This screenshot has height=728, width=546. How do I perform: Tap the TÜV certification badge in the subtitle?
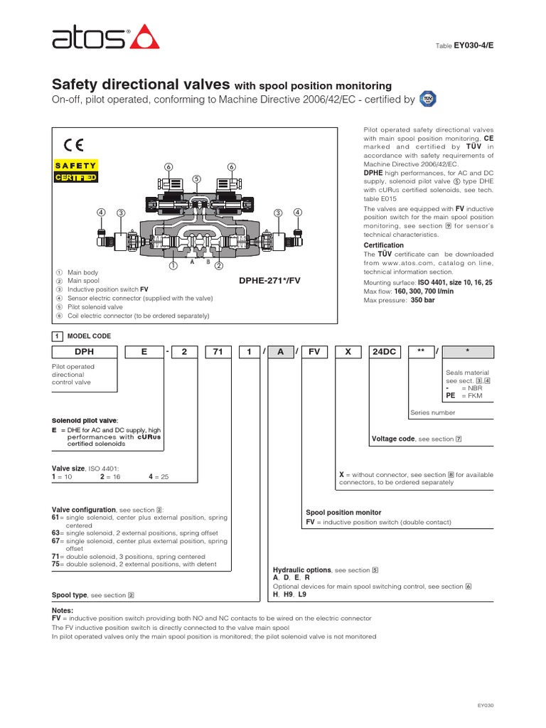pyautogui.click(x=427, y=99)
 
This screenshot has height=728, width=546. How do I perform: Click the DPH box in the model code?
pyautogui.click(x=84, y=352)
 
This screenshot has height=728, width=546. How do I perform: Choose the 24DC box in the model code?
pyautogui.click(x=385, y=352)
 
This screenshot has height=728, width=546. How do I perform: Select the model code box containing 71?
pyautogui.click(x=218, y=352)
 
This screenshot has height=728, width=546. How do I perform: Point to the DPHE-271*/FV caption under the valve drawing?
pyautogui.click(x=270, y=281)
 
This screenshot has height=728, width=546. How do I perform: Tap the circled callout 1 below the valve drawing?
pyautogui.click(x=172, y=267)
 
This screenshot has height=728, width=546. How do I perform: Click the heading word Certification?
pyautogui.click(x=383, y=245)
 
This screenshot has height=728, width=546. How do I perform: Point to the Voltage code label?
pyautogui.click(x=393, y=439)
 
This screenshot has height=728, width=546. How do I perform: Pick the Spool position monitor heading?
pyautogui.click(x=343, y=512)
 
